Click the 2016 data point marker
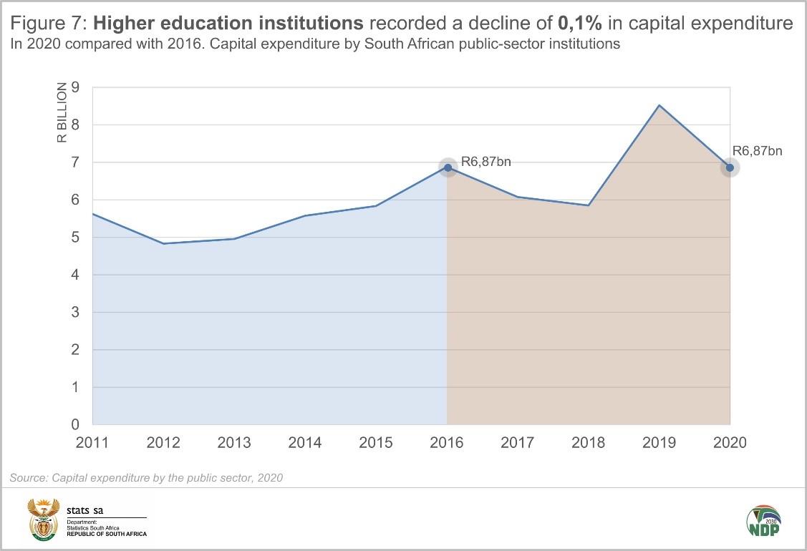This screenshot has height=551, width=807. click(448, 168)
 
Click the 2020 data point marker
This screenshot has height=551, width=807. click(730, 168)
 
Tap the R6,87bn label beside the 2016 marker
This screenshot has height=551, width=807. click(486, 162)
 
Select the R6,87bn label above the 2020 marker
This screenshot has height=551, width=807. click(758, 151)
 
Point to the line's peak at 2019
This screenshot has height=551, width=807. click(659, 105)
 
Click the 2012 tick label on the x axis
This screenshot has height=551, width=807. click(164, 442)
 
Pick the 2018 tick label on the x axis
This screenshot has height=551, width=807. click(588, 442)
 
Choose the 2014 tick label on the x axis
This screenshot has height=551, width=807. click(305, 442)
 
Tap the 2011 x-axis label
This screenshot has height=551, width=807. click(93, 442)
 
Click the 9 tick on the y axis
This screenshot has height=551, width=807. click(75, 88)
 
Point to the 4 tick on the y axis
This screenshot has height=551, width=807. click(75, 275)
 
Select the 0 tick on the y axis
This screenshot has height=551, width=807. click(75, 425)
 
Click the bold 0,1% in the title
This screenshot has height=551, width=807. click(581, 24)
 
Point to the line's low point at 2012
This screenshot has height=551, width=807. click(164, 243)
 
